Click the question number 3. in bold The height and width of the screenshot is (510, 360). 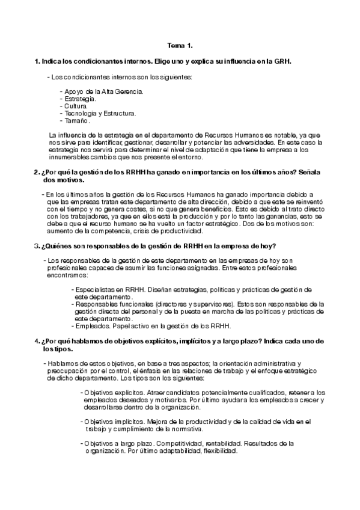36,245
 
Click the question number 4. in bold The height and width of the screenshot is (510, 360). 36,341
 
